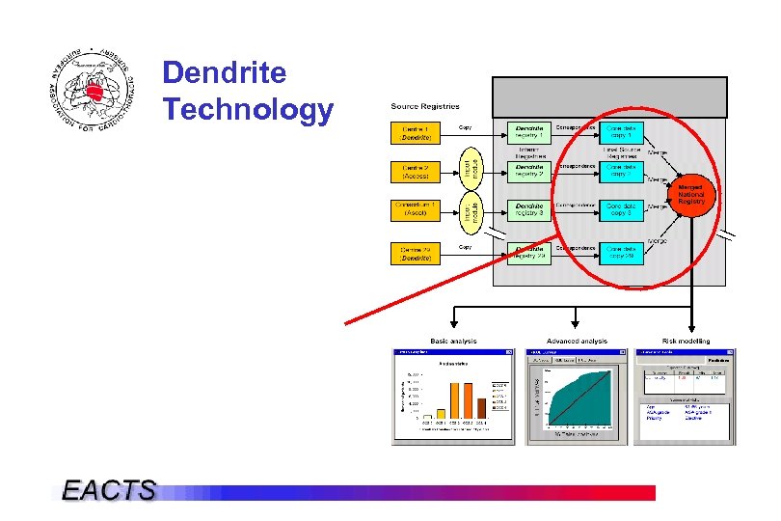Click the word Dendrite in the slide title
[225, 72]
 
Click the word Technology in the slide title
[248, 110]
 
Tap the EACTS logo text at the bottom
[108, 490]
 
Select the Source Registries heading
[425, 106]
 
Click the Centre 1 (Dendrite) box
[416, 133]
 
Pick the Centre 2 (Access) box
[416, 172]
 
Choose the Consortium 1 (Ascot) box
[416, 208]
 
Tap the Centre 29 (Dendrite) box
[416, 254]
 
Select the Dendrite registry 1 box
[529, 132]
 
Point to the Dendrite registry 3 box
[529, 209]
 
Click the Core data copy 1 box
[620, 132]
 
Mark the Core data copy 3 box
[620, 209]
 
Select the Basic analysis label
[453, 341]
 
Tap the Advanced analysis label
[577, 341]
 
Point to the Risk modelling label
[686, 341]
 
